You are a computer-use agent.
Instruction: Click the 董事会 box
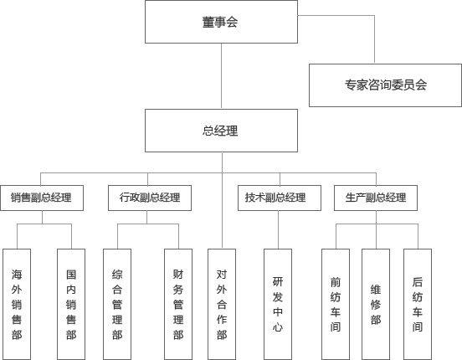pyautogui.click(x=221, y=22)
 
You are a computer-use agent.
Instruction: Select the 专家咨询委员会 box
pyautogui.click(x=385, y=85)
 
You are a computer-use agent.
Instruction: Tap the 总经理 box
pyautogui.click(x=221, y=131)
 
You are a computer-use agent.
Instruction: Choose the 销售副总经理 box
pyautogui.click(x=42, y=198)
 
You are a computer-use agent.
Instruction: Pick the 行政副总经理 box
pyautogui.click(x=150, y=198)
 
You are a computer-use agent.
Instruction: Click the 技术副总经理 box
pyautogui.click(x=280, y=198)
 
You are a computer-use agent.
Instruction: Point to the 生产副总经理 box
pyautogui.click(x=376, y=198)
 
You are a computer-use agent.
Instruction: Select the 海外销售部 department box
pyautogui.click(x=17, y=304)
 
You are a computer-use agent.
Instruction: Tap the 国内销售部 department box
pyautogui.click(x=71, y=304)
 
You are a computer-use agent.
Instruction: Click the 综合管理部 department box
pyautogui.click(x=117, y=304)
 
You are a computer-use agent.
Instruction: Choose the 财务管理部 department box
pyautogui.click(x=178, y=304)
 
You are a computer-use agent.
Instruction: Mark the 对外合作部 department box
pyautogui.click(x=222, y=304)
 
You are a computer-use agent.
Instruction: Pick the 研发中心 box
pyautogui.click(x=278, y=304)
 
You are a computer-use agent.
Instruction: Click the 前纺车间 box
pyautogui.click(x=336, y=304)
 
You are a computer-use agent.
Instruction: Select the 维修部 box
pyautogui.click(x=376, y=304)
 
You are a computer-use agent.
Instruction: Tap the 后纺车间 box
pyautogui.click(x=418, y=304)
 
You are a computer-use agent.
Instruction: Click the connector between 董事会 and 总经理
pyautogui.click(x=221, y=76)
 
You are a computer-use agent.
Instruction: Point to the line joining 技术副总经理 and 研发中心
pyautogui.click(x=278, y=229)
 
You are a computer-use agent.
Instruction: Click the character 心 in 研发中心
pyautogui.click(x=278, y=327)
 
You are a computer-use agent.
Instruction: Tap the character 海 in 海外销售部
pyautogui.click(x=17, y=275)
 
